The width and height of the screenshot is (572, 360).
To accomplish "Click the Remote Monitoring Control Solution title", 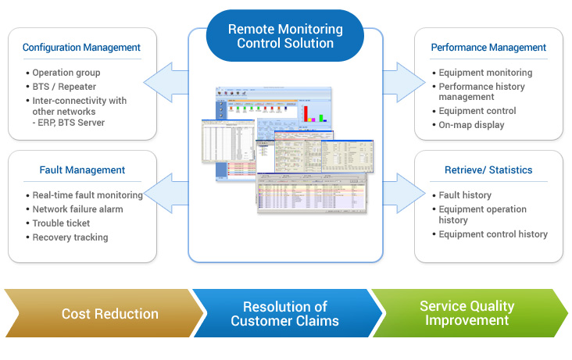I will click(x=285, y=36).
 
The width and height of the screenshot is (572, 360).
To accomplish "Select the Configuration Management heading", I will click(x=81, y=48).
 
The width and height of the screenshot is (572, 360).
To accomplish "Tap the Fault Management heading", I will click(x=82, y=169).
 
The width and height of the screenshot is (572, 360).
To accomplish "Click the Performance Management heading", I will click(x=488, y=48).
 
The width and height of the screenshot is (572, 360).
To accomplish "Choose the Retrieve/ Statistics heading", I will click(x=488, y=169).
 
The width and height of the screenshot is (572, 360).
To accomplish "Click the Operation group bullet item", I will click(x=66, y=73).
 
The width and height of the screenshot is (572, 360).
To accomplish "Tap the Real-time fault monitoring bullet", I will click(x=87, y=195).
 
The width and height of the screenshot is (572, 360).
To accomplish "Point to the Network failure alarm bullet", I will click(x=77, y=209).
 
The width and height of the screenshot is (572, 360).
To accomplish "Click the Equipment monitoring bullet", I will click(x=485, y=73).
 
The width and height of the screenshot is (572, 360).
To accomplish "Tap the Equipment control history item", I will click(x=493, y=234).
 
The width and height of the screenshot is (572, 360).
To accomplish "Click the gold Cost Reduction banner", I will click(x=109, y=314).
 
